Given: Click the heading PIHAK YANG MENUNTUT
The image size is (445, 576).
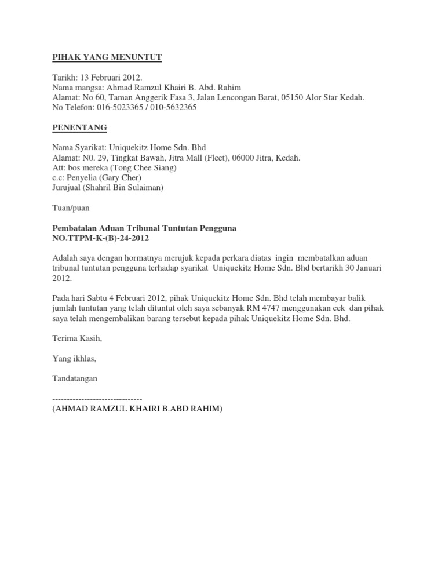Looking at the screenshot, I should [107, 57].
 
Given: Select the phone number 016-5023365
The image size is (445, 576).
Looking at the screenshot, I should [123, 107].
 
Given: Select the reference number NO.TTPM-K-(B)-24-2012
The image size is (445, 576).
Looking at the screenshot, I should [105, 238].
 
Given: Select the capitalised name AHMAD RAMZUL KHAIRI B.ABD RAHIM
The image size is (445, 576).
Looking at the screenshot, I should [137, 409].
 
